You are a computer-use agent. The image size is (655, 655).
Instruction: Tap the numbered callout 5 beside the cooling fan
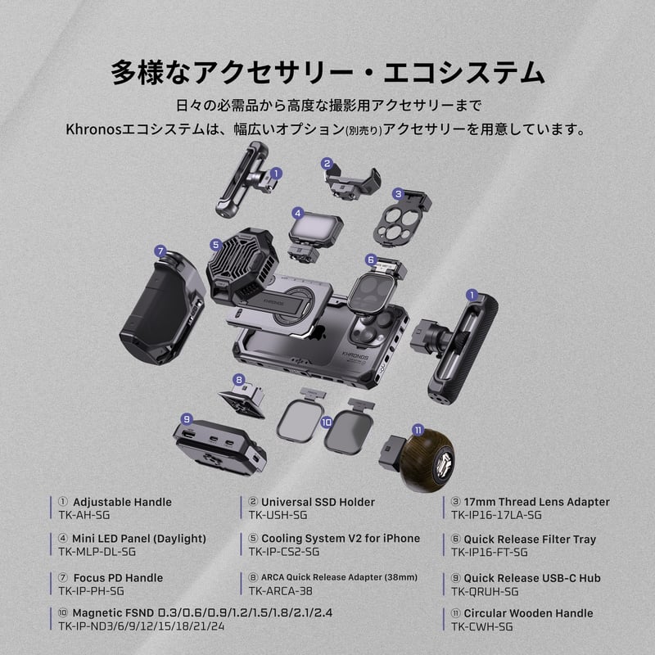(215, 244)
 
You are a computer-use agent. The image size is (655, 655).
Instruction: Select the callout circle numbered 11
(418, 429)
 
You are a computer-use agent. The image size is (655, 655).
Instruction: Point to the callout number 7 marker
(160, 251)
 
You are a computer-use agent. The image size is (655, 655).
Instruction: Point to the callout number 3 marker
(398, 194)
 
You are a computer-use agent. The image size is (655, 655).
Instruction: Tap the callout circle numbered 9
(187, 418)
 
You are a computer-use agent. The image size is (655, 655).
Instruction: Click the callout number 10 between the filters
(326, 422)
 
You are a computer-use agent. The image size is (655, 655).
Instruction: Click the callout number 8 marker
(238, 380)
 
